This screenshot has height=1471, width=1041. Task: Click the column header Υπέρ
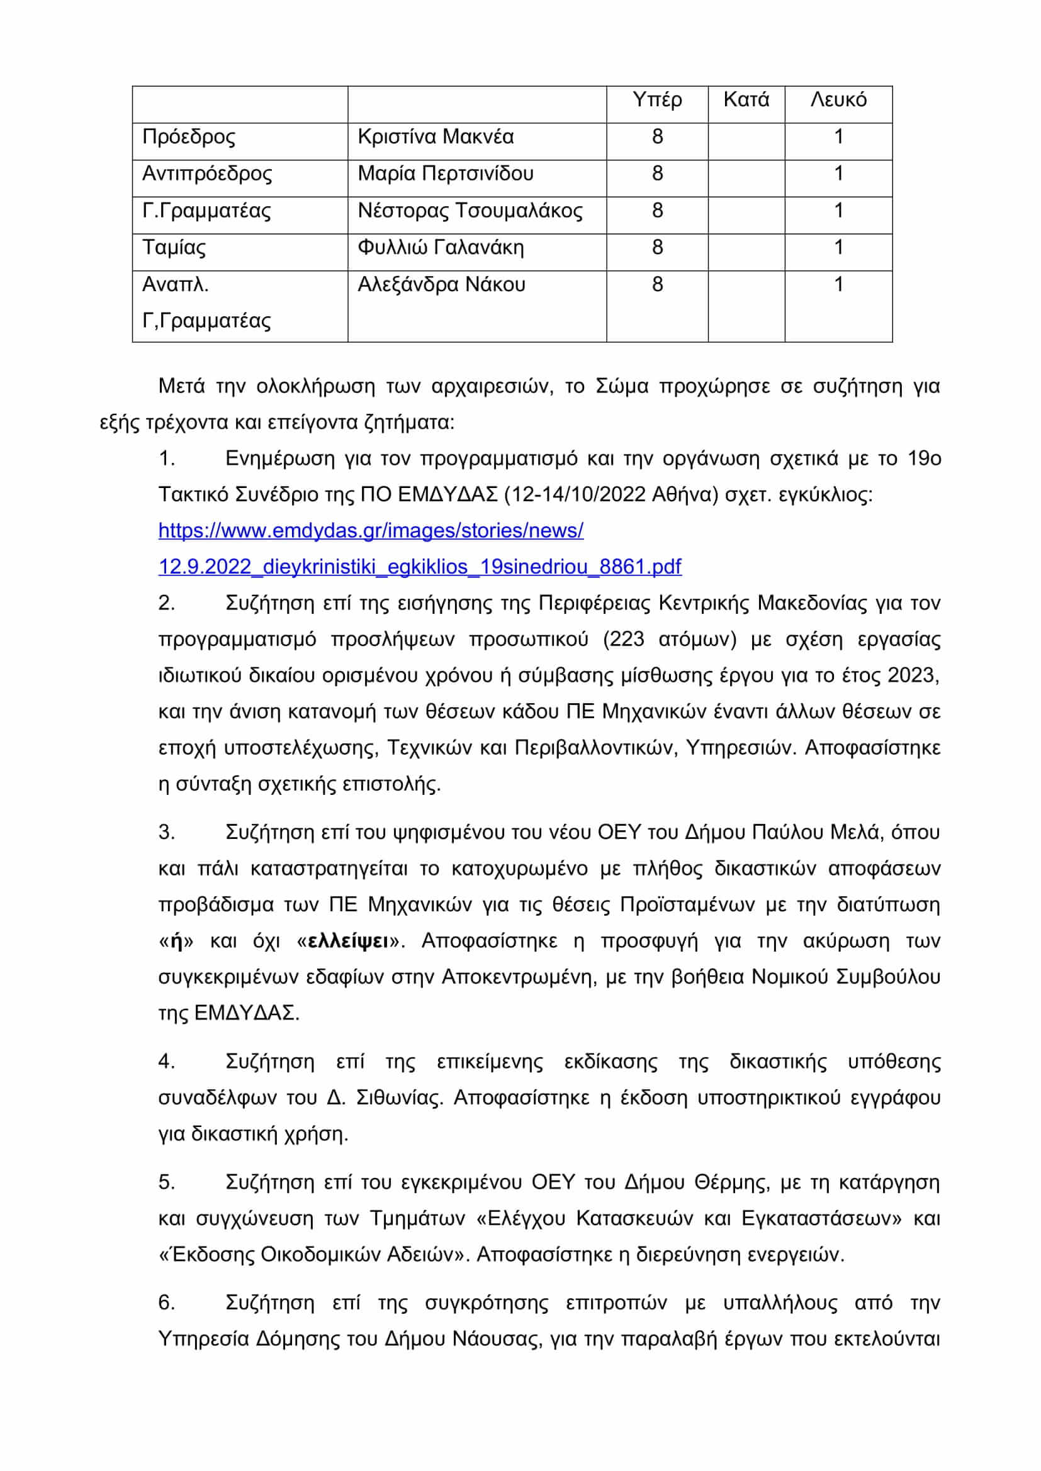tap(657, 100)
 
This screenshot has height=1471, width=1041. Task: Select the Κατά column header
tap(746, 100)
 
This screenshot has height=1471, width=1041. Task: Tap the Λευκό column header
tap(838, 100)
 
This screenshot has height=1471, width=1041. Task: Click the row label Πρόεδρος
tap(189, 137)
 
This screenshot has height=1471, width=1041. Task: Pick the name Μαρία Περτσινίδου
tap(446, 174)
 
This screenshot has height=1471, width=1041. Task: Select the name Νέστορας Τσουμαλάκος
tap(470, 211)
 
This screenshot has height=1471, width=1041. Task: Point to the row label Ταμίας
tap(174, 248)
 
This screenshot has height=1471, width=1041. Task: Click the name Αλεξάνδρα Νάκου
tap(442, 284)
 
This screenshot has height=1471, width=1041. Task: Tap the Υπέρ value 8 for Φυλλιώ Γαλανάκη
tap(657, 248)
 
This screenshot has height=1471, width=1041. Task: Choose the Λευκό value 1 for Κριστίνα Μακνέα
tap(838, 137)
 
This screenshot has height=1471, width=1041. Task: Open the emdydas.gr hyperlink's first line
tap(371, 531)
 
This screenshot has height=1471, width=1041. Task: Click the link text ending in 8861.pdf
tap(420, 567)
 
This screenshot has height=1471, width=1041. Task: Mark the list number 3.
tap(166, 832)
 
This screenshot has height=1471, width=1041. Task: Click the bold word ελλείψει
tap(348, 941)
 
